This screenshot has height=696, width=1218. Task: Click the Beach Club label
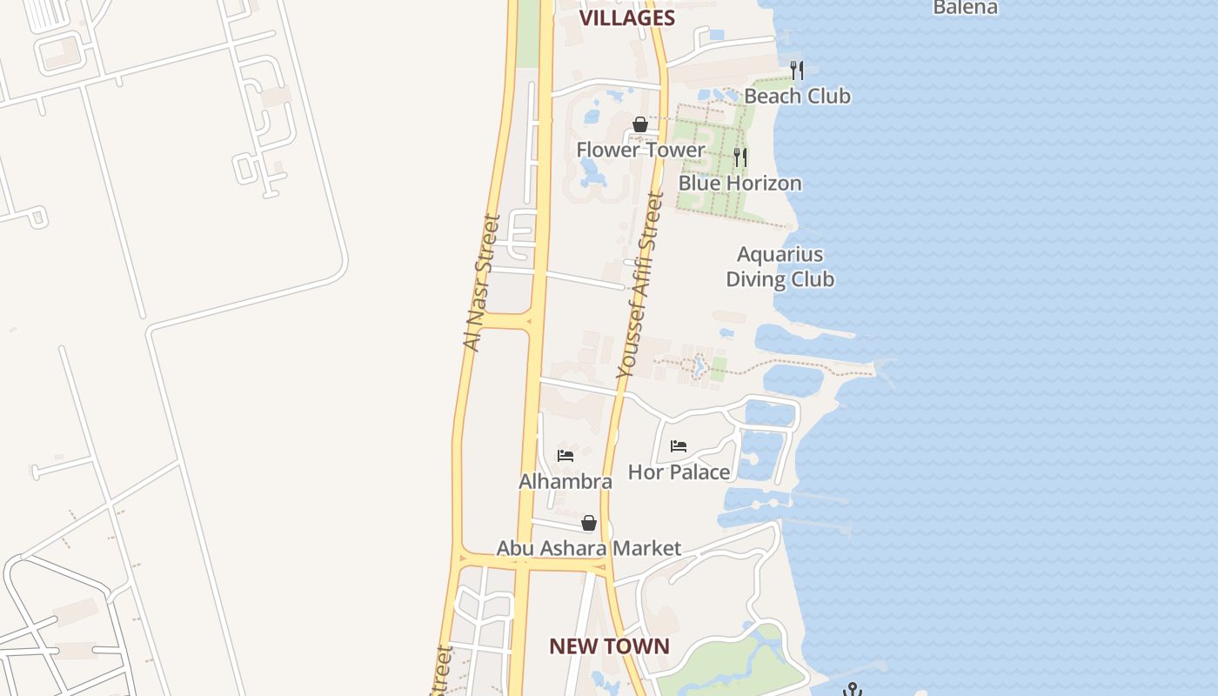pos(797,96)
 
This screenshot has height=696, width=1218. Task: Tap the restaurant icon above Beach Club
pos(797,70)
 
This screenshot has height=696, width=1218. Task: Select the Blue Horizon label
pos(739,183)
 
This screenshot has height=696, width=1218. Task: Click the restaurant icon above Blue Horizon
pos(740,157)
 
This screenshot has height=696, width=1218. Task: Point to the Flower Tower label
pos(640,150)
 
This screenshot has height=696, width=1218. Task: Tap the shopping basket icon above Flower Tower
pos(640,124)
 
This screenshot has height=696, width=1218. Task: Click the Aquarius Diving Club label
pos(780,266)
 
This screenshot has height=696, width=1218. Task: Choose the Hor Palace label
pos(679,472)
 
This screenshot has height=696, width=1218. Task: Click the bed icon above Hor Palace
pos(679,446)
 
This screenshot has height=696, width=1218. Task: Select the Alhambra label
pos(565,481)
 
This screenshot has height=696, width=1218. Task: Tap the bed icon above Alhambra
pos(565,456)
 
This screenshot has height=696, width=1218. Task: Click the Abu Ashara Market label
pos(589,548)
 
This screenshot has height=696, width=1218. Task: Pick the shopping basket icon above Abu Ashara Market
pos(589,523)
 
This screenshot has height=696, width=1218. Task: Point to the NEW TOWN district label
pos(609,646)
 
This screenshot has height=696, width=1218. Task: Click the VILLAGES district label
pos(626,17)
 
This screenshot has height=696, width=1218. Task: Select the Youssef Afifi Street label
pos(639,285)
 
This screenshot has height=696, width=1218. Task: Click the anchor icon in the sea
pos(853,689)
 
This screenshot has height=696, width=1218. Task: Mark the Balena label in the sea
pos(965,8)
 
